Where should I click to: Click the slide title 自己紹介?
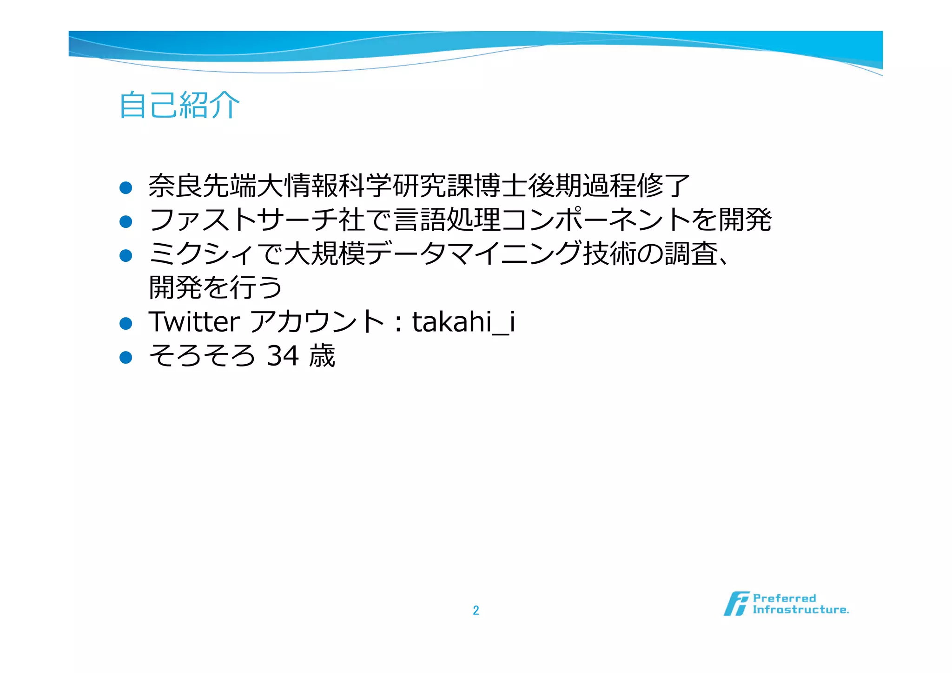[x=179, y=105]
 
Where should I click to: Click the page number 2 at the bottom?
[x=476, y=610]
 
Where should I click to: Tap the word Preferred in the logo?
[x=784, y=598]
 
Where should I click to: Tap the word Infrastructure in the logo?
[x=800, y=610]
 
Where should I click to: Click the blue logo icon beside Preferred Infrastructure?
[x=736, y=604]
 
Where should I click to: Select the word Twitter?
[x=194, y=321]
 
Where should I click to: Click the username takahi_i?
[x=463, y=321]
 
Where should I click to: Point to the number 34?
[x=283, y=356]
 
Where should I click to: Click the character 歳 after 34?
[x=322, y=356]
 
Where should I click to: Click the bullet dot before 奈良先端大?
[x=126, y=187]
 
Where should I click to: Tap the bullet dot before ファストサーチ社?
[x=126, y=221]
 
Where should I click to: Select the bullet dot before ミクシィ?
[x=126, y=255]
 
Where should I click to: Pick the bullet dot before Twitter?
[x=126, y=323]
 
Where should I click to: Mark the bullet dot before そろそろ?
[x=126, y=357]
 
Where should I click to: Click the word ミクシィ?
[x=201, y=254]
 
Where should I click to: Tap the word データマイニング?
[x=473, y=254]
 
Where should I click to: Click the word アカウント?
[x=317, y=321]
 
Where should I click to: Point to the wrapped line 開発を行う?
[x=215, y=287]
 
